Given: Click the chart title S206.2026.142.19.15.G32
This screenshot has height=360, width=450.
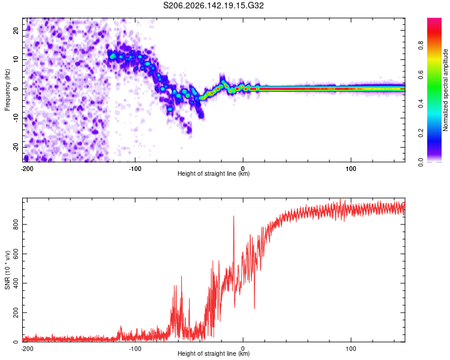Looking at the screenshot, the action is point(213,5).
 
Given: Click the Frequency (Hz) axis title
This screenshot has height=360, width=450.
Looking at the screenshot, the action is point(7,90).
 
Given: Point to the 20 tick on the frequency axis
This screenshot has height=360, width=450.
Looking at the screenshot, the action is point(16,30).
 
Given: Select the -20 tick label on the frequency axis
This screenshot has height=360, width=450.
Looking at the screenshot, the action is point(16,147).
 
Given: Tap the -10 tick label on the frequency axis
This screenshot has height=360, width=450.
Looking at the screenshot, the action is point(16,118).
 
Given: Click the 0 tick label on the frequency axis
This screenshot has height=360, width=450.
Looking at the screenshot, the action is point(16,89).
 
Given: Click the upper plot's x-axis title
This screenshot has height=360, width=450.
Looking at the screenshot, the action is point(214,173).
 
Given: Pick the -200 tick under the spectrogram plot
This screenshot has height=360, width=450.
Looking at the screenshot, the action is point(27,169).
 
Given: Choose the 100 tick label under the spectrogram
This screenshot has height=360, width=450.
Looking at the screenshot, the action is point(351,169).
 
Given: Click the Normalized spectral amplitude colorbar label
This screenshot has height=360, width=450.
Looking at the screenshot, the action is point(445,90).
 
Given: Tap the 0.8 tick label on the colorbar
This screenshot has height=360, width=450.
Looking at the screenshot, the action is point(421,45).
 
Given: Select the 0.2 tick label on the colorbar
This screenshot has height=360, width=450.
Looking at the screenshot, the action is point(421,133).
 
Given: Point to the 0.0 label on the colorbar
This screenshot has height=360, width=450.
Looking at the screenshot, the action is point(421,163).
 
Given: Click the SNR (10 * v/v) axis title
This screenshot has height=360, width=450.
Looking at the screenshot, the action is point(7,270).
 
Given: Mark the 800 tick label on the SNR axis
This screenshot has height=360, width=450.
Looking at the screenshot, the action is point(16,224).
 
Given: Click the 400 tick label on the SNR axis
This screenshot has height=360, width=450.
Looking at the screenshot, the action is point(16,283).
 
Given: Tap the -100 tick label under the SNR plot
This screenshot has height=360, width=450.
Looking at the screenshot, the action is point(135,349).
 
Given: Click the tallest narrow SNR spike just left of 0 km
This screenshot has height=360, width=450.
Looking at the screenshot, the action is point(233,217).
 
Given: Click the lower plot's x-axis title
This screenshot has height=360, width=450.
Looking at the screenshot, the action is point(214,353).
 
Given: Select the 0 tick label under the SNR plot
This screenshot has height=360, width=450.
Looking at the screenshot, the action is point(243,349).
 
